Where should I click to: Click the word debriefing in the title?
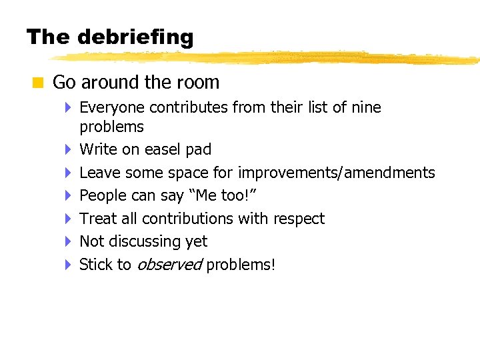(135, 37)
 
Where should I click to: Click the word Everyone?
(112, 107)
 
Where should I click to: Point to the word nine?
(366, 107)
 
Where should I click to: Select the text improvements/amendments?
(337, 173)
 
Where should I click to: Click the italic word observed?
(169, 265)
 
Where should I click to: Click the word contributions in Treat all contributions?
(185, 219)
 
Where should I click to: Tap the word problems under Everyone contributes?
(111, 127)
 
